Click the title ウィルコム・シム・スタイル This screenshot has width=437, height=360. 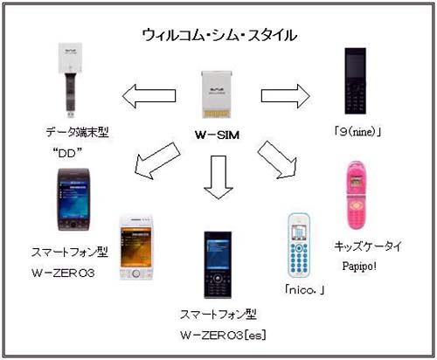219,36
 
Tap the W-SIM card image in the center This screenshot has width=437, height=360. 217,94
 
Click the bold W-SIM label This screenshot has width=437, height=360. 218,135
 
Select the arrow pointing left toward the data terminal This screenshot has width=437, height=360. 149,96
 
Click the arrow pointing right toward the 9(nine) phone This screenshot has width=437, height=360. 286,96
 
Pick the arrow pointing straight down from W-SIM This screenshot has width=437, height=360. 218,177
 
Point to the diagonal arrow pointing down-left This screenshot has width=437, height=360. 157,161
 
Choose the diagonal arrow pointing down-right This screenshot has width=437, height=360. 277,160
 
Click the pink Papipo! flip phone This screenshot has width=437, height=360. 357,195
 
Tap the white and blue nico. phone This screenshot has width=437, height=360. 299,246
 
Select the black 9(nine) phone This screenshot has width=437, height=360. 356,81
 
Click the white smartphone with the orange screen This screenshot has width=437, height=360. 136,248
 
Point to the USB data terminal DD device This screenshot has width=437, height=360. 70,80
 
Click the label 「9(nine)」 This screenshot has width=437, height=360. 357,132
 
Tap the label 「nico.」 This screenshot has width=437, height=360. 304,290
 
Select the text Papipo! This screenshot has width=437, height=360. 359,266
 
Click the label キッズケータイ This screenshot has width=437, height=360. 368,246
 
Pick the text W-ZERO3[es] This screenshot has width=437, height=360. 223,336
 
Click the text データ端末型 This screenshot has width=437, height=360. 77,132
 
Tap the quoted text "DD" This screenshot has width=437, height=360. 67,153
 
